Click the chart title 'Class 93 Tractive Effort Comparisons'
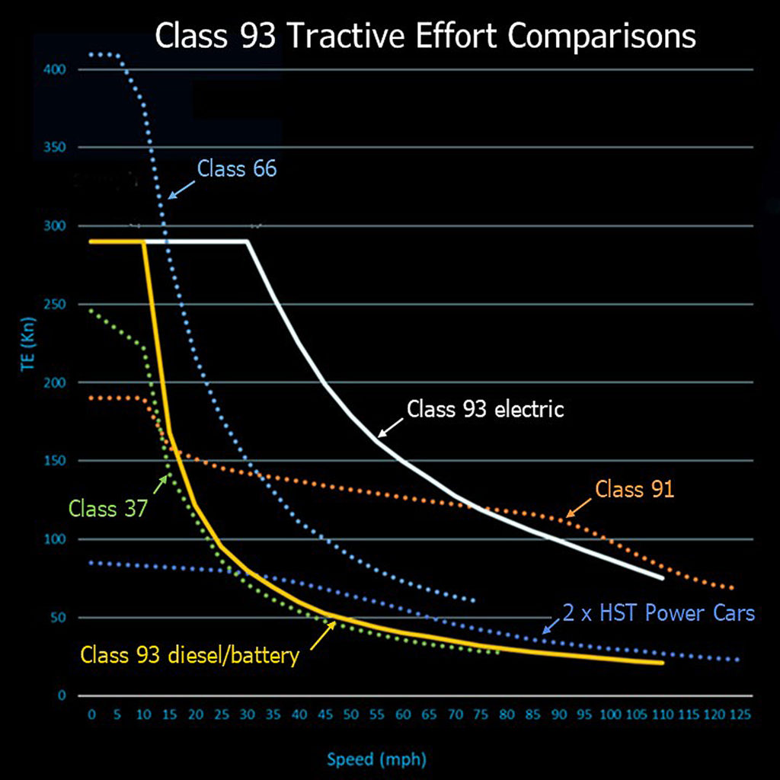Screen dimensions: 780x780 (425, 36)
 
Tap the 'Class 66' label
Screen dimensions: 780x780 (237, 168)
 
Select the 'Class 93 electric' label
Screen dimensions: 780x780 (485, 409)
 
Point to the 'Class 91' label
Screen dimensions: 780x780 (635, 489)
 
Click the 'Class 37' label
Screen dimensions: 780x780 (107, 508)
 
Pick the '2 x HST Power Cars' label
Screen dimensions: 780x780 (659, 613)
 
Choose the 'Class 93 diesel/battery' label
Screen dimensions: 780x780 (190, 655)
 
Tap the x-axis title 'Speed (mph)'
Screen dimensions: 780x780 (377, 759)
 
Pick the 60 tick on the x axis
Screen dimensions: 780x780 (403, 715)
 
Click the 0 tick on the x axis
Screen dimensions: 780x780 (91, 715)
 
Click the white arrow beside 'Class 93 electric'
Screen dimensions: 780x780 (391, 427)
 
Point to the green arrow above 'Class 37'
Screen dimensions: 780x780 (162, 483)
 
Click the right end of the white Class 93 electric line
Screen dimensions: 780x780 (663, 578)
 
